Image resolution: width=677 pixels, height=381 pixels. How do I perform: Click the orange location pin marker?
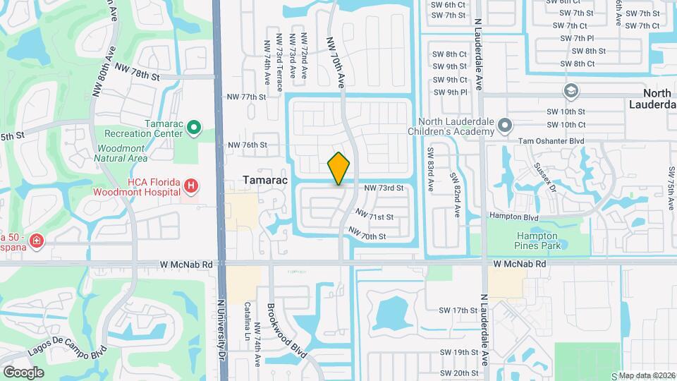338,169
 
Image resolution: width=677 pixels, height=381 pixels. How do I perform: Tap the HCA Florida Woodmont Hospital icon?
190,186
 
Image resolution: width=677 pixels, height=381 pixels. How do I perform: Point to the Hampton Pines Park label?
536,241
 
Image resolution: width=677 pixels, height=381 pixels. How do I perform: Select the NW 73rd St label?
384,188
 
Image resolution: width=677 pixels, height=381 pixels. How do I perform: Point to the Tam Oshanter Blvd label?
552,141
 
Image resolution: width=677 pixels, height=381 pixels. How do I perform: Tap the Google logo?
23,373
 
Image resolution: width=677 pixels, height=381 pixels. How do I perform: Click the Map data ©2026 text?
647,375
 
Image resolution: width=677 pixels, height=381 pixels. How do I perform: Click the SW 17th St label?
458,310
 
